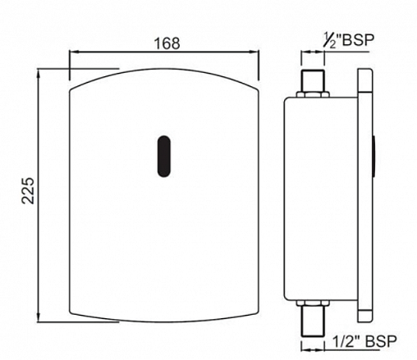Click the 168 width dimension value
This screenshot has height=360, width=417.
click(167, 43)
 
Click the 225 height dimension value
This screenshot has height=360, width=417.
click(28, 190)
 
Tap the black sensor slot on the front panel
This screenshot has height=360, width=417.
click(164, 156)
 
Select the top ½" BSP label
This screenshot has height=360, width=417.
click(349, 40)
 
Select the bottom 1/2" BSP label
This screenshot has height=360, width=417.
click(364, 341)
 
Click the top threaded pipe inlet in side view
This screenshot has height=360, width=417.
click(313, 80)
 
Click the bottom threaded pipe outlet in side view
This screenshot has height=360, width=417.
click(313, 321)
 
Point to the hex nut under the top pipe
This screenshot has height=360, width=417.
click(313, 94)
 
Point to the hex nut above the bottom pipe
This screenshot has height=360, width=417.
click(313, 303)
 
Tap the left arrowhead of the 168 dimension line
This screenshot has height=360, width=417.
click(73, 52)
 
